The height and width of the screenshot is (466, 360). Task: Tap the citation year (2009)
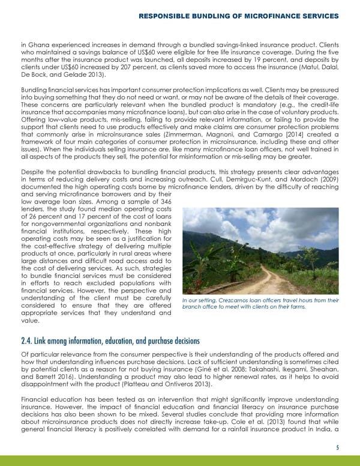point(328,178)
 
